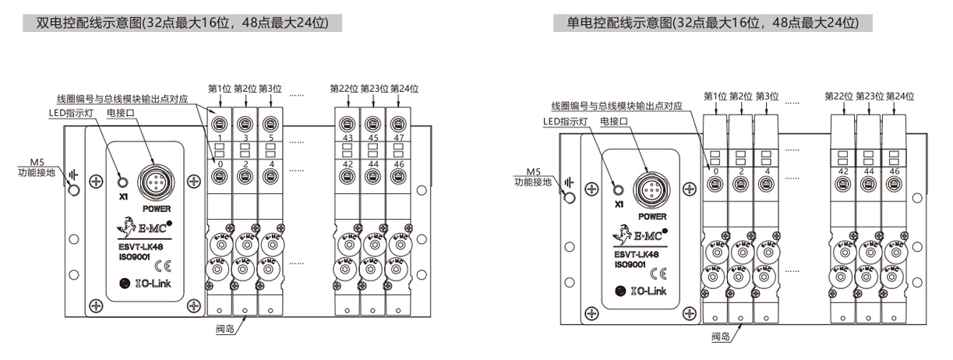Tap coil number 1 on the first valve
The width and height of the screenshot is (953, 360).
pos(221,138)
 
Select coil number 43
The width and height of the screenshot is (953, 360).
pos(347,138)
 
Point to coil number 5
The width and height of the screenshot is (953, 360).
pos(270,138)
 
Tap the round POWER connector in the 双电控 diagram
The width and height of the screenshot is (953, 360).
pos(150,183)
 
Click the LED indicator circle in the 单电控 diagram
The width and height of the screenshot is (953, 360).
pos(619,189)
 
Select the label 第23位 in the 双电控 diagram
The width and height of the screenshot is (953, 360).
pos(374,88)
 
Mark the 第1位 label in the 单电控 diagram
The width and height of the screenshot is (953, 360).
pos(715,96)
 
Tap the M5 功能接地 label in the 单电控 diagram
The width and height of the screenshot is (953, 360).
pos(535,177)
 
